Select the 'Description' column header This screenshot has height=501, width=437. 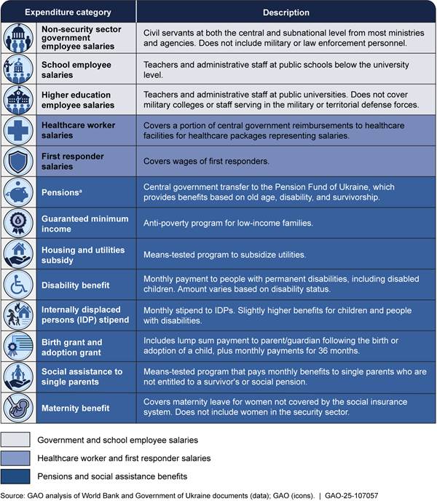[286, 12]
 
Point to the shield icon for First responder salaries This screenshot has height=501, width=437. [17, 162]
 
